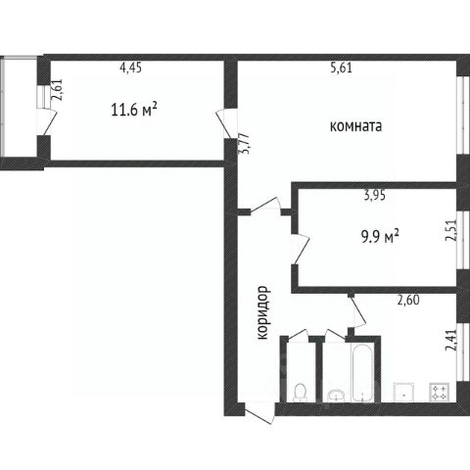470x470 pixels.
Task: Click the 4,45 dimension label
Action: pyautogui.click(x=131, y=68)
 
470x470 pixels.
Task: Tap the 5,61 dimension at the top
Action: pyautogui.click(x=342, y=68)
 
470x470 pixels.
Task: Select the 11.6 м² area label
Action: pyautogui.click(x=134, y=110)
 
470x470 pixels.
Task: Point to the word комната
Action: pyautogui.click(x=355, y=126)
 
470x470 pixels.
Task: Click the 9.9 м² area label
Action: pyautogui.click(x=380, y=236)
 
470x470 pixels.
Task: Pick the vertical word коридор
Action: pyautogui.click(x=262, y=312)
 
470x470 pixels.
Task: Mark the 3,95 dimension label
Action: pyautogui.click(x=375, y=195)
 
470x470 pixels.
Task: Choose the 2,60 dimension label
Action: pyautogui.click(x=408, y=300)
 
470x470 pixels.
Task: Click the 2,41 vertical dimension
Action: pyautogui.click(x=451, y=340)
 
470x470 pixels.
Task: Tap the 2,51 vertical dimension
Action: pyautogui.click(x=451, y=230)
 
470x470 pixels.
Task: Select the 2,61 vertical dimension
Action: pyautogui.click(x=57, y=90)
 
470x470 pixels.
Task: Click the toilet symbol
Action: pyautogui.click(x=300, y=393)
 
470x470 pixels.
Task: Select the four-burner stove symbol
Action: pyautogui.click(x=440, y=392)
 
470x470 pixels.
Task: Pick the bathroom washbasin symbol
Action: pyautogui.click(x=336, y=396)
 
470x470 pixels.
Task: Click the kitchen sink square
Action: pyautogui.click(x=404, y=392)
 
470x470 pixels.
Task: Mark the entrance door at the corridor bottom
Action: pyautogui.click(x=259, y=413)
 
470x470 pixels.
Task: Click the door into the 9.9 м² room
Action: pyautogui.click(x=301, y=249)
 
